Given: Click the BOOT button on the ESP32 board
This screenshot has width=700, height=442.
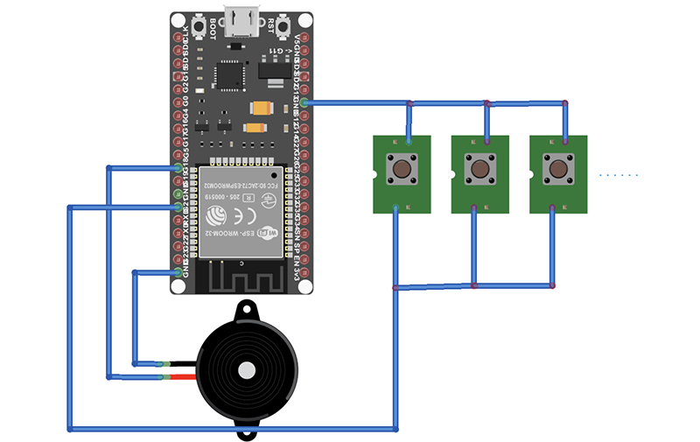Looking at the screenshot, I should (211, 29).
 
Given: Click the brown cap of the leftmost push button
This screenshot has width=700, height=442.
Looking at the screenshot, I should (402, 169).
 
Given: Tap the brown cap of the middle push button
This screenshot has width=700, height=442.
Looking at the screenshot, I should (480, 169).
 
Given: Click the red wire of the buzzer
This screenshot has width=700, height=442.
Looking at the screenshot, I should (181, 377).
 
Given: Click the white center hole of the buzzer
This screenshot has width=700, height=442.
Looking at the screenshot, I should (248, 370).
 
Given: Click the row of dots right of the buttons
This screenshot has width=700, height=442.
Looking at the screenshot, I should (619, 175).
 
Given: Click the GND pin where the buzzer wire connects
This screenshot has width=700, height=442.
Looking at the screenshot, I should (179, 272).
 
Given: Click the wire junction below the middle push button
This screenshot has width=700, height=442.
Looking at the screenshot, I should (474, 285).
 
